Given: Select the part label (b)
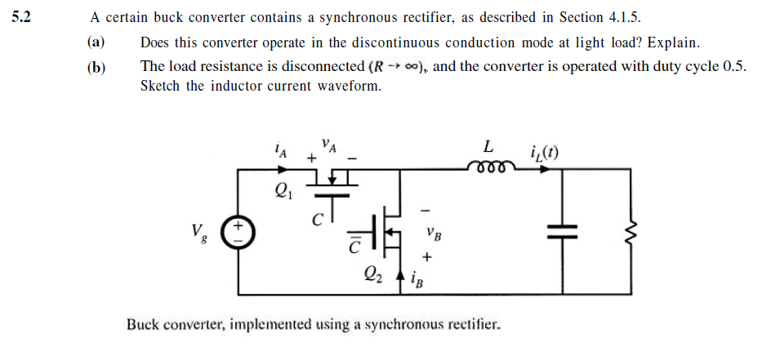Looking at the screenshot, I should (96, 67).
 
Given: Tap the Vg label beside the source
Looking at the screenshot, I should (199, 233).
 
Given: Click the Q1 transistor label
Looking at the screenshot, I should (282, 194).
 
